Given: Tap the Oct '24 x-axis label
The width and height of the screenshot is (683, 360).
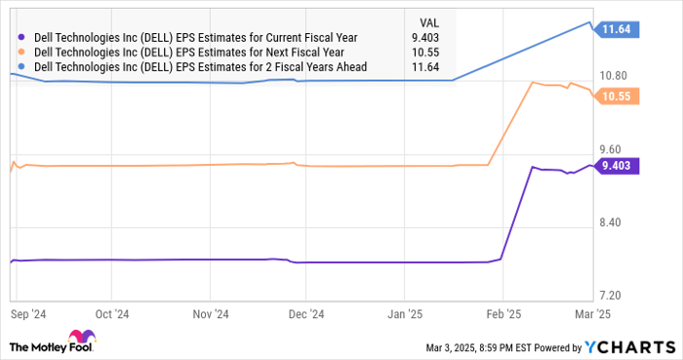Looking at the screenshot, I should (x=113, y=314).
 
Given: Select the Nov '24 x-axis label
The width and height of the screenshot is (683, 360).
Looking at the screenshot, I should (x=211, y=314).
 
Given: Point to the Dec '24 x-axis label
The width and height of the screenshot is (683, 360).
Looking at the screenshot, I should (x=306, y=314).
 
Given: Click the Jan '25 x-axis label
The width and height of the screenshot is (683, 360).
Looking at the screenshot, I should (x=405, y=314).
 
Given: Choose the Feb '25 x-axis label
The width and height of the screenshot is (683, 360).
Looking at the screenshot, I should (x=502, y=314).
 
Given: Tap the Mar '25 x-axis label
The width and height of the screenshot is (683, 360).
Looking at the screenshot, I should (x=591, y=314).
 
